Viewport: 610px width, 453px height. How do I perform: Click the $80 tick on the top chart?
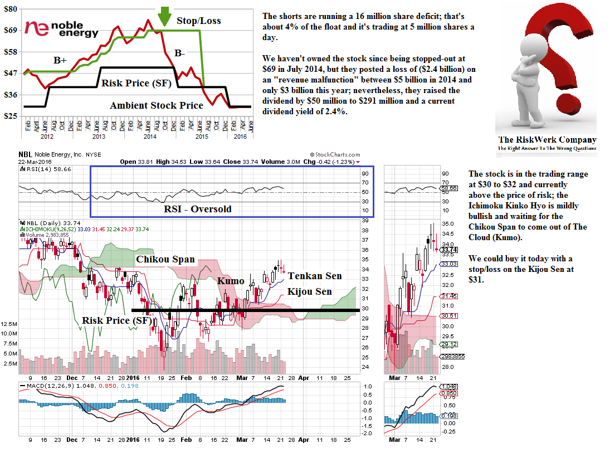[11, 9]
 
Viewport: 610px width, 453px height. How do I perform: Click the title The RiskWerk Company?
[546, 140]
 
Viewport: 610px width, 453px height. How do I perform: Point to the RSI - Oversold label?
[197, 209]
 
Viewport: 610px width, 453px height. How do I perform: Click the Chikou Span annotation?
[165, 259]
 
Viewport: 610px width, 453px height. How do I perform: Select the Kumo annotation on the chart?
[231, 281]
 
